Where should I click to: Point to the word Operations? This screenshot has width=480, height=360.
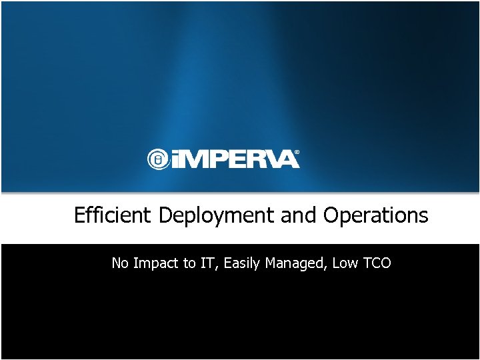(375, 216)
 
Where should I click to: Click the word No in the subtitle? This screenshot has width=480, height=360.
(120, 263)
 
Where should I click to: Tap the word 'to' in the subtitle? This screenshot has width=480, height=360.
(189, 263)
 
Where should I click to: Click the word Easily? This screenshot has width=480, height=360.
(243, 264)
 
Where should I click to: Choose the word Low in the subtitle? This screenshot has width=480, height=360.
(345, 263)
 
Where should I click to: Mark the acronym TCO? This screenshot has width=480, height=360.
(377, 263)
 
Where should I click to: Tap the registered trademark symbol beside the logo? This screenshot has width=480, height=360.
(297, 153)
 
